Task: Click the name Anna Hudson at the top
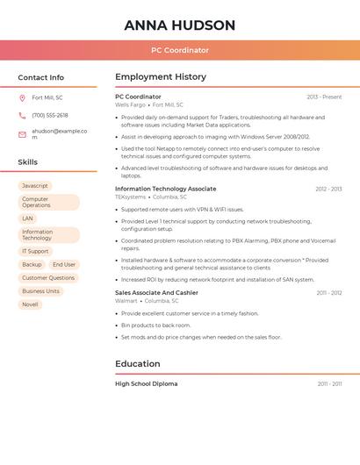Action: pos(180,25)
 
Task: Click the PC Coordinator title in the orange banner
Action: pos(180,51)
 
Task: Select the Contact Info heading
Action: pos(41,77)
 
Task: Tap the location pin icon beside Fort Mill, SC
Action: pos(22,98)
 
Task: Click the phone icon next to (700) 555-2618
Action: pos(22,115)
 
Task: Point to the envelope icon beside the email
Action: pos(22,134)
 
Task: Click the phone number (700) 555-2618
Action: pos(50,115)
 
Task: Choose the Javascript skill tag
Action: pos(35,186)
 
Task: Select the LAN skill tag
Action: pos(28,218)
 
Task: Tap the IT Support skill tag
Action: pos(35,251)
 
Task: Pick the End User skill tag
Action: pos(64,264)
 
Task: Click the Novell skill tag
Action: pos(30,304)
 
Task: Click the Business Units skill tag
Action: pos(40,291)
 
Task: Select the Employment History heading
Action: pos(161,77)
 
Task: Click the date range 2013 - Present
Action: pos(324,97)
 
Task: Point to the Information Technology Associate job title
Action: pos(165,189)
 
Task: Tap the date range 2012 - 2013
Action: pos(328,190)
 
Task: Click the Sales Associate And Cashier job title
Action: pos(156,292)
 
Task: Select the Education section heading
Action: pos(138,363)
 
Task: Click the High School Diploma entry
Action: pos(146,383)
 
